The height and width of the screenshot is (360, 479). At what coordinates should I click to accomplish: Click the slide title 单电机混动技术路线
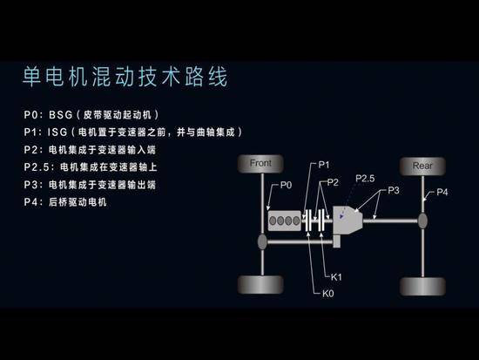(125, 77)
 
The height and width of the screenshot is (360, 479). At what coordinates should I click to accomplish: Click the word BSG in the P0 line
(61, 115)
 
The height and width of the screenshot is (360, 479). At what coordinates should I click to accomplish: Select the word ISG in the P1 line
(57, 132)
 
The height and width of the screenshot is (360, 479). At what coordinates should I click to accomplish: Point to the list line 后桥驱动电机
(78, 202)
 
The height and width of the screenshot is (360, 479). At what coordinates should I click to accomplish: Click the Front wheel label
(260, 163)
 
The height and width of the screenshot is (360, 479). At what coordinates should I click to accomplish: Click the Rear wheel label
(422, 166)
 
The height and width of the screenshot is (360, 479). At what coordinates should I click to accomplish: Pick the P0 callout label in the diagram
(286, 185)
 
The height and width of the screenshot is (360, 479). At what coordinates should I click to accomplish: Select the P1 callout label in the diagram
(324, 165)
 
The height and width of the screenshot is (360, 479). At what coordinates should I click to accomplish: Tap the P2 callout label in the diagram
(333, 182)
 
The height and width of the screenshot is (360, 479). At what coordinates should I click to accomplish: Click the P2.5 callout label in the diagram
(365, 179)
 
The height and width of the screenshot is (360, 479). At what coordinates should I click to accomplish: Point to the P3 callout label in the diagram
(394, 190)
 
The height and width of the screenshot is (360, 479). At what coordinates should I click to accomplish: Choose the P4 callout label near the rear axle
(442, 192)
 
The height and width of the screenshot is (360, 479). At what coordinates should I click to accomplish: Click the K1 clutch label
(336, 277)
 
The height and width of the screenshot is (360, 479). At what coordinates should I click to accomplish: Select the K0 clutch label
(327, 294)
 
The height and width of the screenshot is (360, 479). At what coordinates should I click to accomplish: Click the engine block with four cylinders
(285, 221)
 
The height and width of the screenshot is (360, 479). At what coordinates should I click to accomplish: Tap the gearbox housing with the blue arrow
(347, 221)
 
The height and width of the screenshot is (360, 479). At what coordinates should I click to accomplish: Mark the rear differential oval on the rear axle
(422, 221)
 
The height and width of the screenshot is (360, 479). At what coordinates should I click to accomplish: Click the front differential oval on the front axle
(262, 241)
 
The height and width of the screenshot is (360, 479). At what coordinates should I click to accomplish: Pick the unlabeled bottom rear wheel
(422, 286)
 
